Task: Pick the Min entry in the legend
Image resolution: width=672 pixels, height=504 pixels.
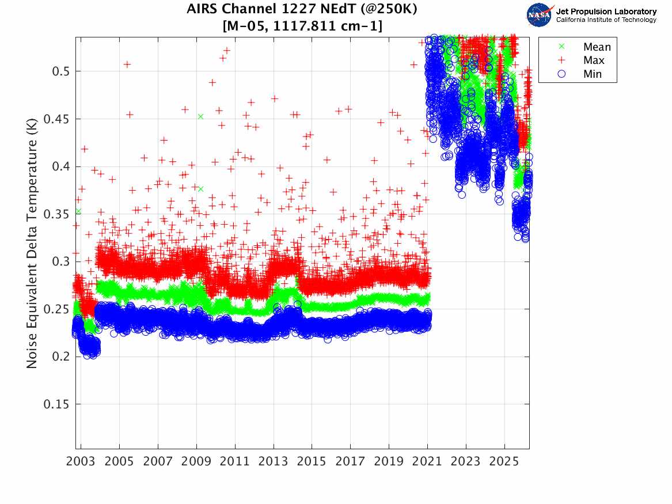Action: pos(580,74)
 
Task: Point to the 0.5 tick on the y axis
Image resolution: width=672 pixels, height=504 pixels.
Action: pos(60,71)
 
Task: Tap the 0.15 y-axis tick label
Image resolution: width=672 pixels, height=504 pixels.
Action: pos(56,404)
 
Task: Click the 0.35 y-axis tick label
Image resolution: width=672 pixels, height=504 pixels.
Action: pos(56,214)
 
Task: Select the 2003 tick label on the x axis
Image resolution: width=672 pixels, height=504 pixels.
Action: pos(81,461)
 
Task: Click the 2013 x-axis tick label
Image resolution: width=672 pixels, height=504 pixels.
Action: pos(274,461)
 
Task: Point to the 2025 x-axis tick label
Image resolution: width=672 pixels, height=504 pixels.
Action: pos(504,461)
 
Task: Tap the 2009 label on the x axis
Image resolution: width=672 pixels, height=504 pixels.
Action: pos(196,461)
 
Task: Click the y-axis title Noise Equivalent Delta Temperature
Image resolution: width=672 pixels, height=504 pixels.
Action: pos(32,244)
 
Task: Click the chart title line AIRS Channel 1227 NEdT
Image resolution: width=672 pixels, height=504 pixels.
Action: pos(302,9)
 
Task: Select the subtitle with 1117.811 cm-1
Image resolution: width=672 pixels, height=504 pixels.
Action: pos(302,26)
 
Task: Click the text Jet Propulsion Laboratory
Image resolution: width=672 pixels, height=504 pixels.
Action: pos(606,12)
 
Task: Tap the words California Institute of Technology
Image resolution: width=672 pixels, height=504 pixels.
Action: pos(606,20)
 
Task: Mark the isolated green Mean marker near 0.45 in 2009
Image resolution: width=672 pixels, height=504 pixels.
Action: pos(200,116)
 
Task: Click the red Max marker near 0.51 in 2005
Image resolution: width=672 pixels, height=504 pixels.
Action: pos(127,65)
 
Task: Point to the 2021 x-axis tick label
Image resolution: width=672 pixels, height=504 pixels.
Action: pos(427,461)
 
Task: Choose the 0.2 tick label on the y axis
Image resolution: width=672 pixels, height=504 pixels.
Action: pos(60,357)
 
